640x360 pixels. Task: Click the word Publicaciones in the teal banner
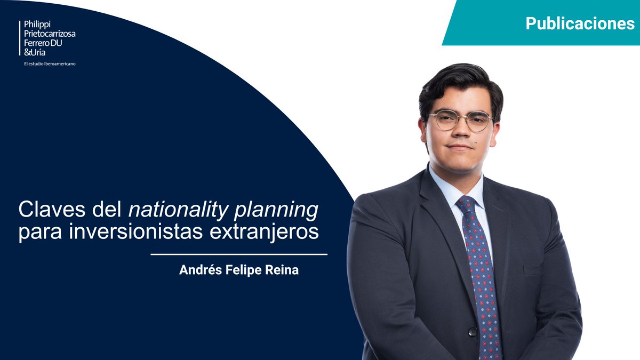click(580, 23)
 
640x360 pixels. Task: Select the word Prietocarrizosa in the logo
click(50, 34)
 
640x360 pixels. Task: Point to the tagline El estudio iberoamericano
click(53, 64)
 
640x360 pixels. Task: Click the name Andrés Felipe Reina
click(239, 270)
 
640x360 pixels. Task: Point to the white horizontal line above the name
click(239, 254)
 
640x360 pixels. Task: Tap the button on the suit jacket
click(472, 331)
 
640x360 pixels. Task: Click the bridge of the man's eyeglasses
click(462, 117)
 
